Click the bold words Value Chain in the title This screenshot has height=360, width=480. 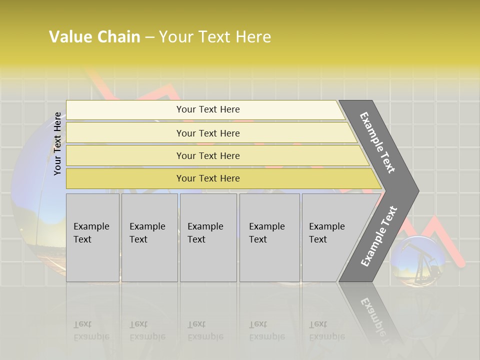tap(94, 37)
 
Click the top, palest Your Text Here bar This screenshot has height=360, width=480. tap(208, 109)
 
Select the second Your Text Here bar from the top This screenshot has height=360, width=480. tap(208, 133)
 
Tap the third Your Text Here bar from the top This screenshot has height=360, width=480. tap(208, 155)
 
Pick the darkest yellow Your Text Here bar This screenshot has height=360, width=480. tap(208, 178)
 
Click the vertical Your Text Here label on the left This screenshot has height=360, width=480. tap(57, 143)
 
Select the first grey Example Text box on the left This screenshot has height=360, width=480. tap(92, 237)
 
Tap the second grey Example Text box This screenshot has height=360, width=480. tap(149, 237)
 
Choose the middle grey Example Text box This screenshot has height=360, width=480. tap(207, 237)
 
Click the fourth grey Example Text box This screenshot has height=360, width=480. tap(269, 237)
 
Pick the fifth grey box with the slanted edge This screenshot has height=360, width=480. tap(330, 237)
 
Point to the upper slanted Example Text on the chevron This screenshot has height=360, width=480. tap(377, 142)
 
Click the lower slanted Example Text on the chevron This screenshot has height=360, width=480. tap(378, 236)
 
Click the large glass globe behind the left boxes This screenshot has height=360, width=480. tap(35, 210)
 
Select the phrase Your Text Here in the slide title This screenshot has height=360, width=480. tap(215, 37)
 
